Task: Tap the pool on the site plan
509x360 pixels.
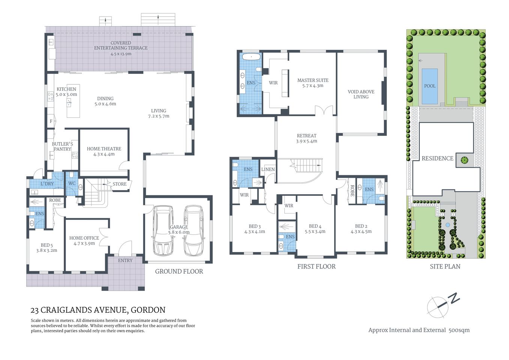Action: pos(429,86)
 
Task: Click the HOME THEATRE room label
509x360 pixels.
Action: pos(104,149)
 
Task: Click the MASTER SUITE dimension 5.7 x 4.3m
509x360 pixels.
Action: pos(312,86)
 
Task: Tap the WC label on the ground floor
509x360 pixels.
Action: pos(72,183)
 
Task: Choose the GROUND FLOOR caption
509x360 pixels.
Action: pos(179,271)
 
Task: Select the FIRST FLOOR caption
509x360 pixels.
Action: pos(316,267)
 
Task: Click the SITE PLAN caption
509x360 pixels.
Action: pos(445,267)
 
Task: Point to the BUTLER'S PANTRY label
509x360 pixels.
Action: pos(62,147)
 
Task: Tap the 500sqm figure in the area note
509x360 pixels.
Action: pos(459,330)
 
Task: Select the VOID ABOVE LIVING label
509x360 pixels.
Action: pos(361,94)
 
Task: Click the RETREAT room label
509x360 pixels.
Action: pos(306,136)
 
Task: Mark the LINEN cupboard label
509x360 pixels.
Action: pos(268,169)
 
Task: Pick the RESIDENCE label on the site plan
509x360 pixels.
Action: pos(437,158)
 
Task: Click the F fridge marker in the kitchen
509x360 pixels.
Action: pos(51,121)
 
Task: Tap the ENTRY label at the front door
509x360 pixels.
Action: pos(125,261)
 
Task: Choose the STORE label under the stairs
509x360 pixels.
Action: pos(120,184)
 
